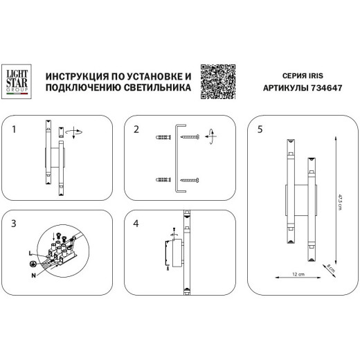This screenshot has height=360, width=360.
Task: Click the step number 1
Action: (15, 129)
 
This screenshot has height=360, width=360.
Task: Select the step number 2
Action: (136, 129)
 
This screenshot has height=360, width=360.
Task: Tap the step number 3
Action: (15, 222)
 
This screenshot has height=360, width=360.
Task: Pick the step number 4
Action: (136, 222)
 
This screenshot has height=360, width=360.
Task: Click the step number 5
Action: (260, 129)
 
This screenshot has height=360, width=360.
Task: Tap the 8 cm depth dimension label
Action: (330, 268)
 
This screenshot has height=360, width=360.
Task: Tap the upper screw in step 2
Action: (190, 139)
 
